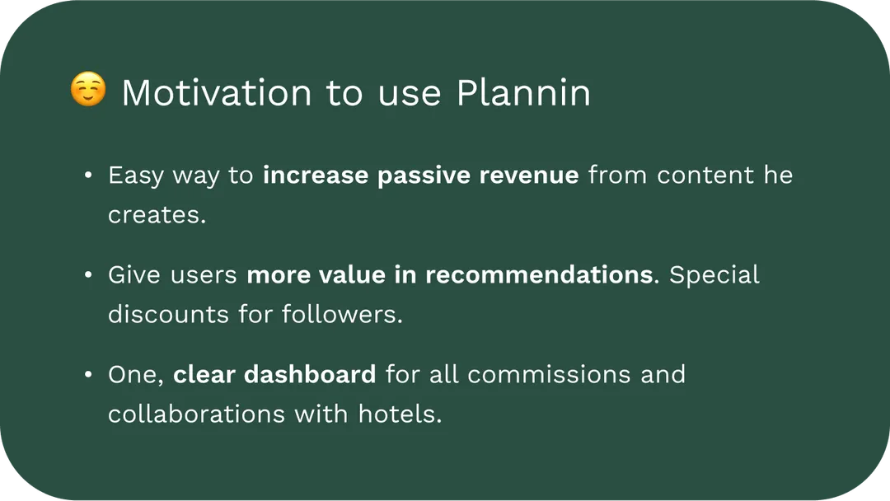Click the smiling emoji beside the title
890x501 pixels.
click(88, 89)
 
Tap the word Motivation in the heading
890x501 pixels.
click(217, 92)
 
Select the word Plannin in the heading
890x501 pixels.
click(523, 92)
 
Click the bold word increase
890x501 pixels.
click(316, 175)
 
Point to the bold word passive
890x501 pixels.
click(424, 176)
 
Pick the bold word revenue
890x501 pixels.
click(528, 176)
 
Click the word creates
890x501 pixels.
click(157, 215)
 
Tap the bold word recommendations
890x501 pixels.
click(539, 274)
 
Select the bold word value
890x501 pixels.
click(352, 274)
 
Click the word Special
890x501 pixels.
click(714, 275)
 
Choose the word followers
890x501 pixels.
click(342, 314)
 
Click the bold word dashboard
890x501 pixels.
click(310, 374)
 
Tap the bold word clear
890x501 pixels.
click(204, 374)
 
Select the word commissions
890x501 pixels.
click(549, 374)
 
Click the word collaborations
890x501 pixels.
click(196, 414)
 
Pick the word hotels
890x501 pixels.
click(400, 414)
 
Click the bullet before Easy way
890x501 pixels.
click(88, 176)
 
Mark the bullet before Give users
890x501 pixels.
click(88, 275)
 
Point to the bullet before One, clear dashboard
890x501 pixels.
click(88, 374)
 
